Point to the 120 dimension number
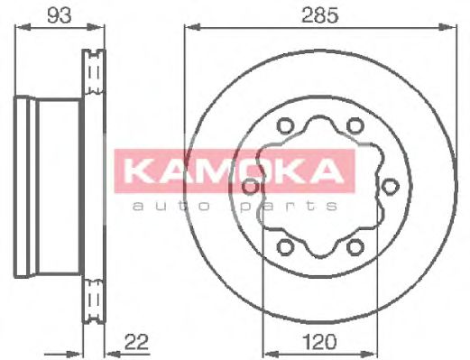(x=319, y=341)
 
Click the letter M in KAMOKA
(x=203, y=170)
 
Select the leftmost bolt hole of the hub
(x=250, y=186)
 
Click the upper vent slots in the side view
(x=94, y=71)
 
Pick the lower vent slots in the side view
(x=94, y=299)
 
